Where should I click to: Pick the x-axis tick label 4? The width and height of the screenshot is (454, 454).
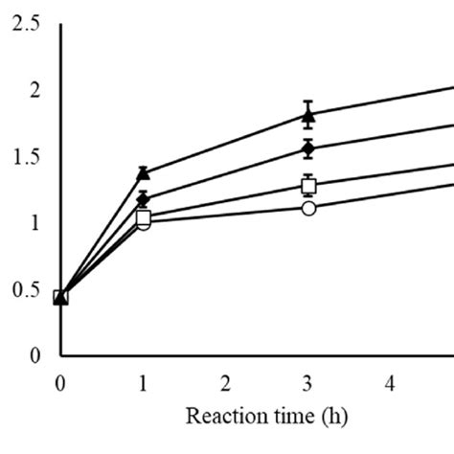391,383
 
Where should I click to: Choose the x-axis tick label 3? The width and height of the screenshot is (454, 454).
308,383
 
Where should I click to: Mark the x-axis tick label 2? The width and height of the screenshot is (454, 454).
226,383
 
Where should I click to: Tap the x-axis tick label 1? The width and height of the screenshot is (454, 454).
143,383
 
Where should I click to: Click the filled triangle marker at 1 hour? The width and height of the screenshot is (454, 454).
143,173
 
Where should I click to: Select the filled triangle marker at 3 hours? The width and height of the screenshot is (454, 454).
308,116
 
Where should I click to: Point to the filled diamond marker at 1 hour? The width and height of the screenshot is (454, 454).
143,199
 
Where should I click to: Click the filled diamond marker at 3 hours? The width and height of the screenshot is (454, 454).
308,148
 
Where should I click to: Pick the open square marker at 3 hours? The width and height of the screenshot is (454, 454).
308,185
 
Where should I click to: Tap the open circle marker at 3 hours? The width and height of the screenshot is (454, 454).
308,208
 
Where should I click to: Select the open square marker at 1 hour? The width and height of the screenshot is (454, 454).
144,217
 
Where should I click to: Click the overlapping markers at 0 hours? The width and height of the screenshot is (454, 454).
60,297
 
